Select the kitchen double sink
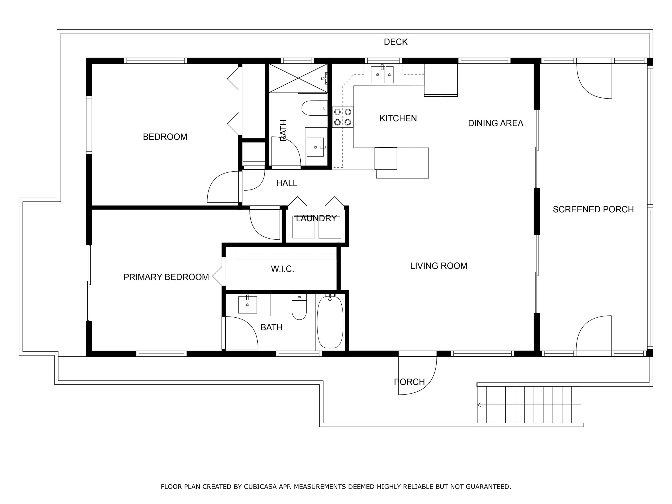click(382, 74)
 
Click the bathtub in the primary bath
click(330, 322)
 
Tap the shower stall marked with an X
click(298, 78)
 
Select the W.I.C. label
click(282, 269)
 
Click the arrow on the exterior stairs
click(479, 405)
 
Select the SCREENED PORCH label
click(593, 209)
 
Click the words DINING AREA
click(495, 123)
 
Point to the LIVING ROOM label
click(438, 266)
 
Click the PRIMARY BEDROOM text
click(166, 277)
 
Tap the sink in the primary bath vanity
click(247, 305)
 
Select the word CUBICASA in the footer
click(260, 487)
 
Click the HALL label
click(286, 183)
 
